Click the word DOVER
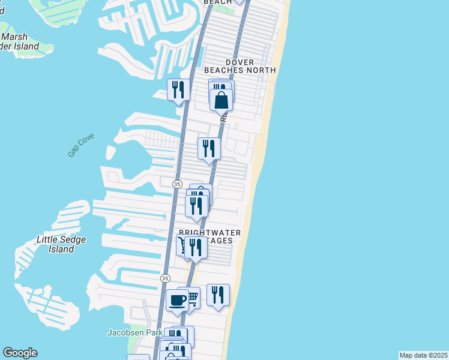[240, 62]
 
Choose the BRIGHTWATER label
[210, 232]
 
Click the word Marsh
[14, 37]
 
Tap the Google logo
[20, 353]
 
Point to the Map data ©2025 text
[423, 355]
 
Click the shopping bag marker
[221, 100]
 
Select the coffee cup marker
[177, 299]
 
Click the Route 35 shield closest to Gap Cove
[177, 183]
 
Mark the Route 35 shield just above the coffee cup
[165, 278]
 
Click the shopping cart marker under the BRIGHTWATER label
[181, 245]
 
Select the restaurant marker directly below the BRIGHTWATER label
[196, 247]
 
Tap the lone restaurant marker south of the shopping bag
[209, 148]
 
